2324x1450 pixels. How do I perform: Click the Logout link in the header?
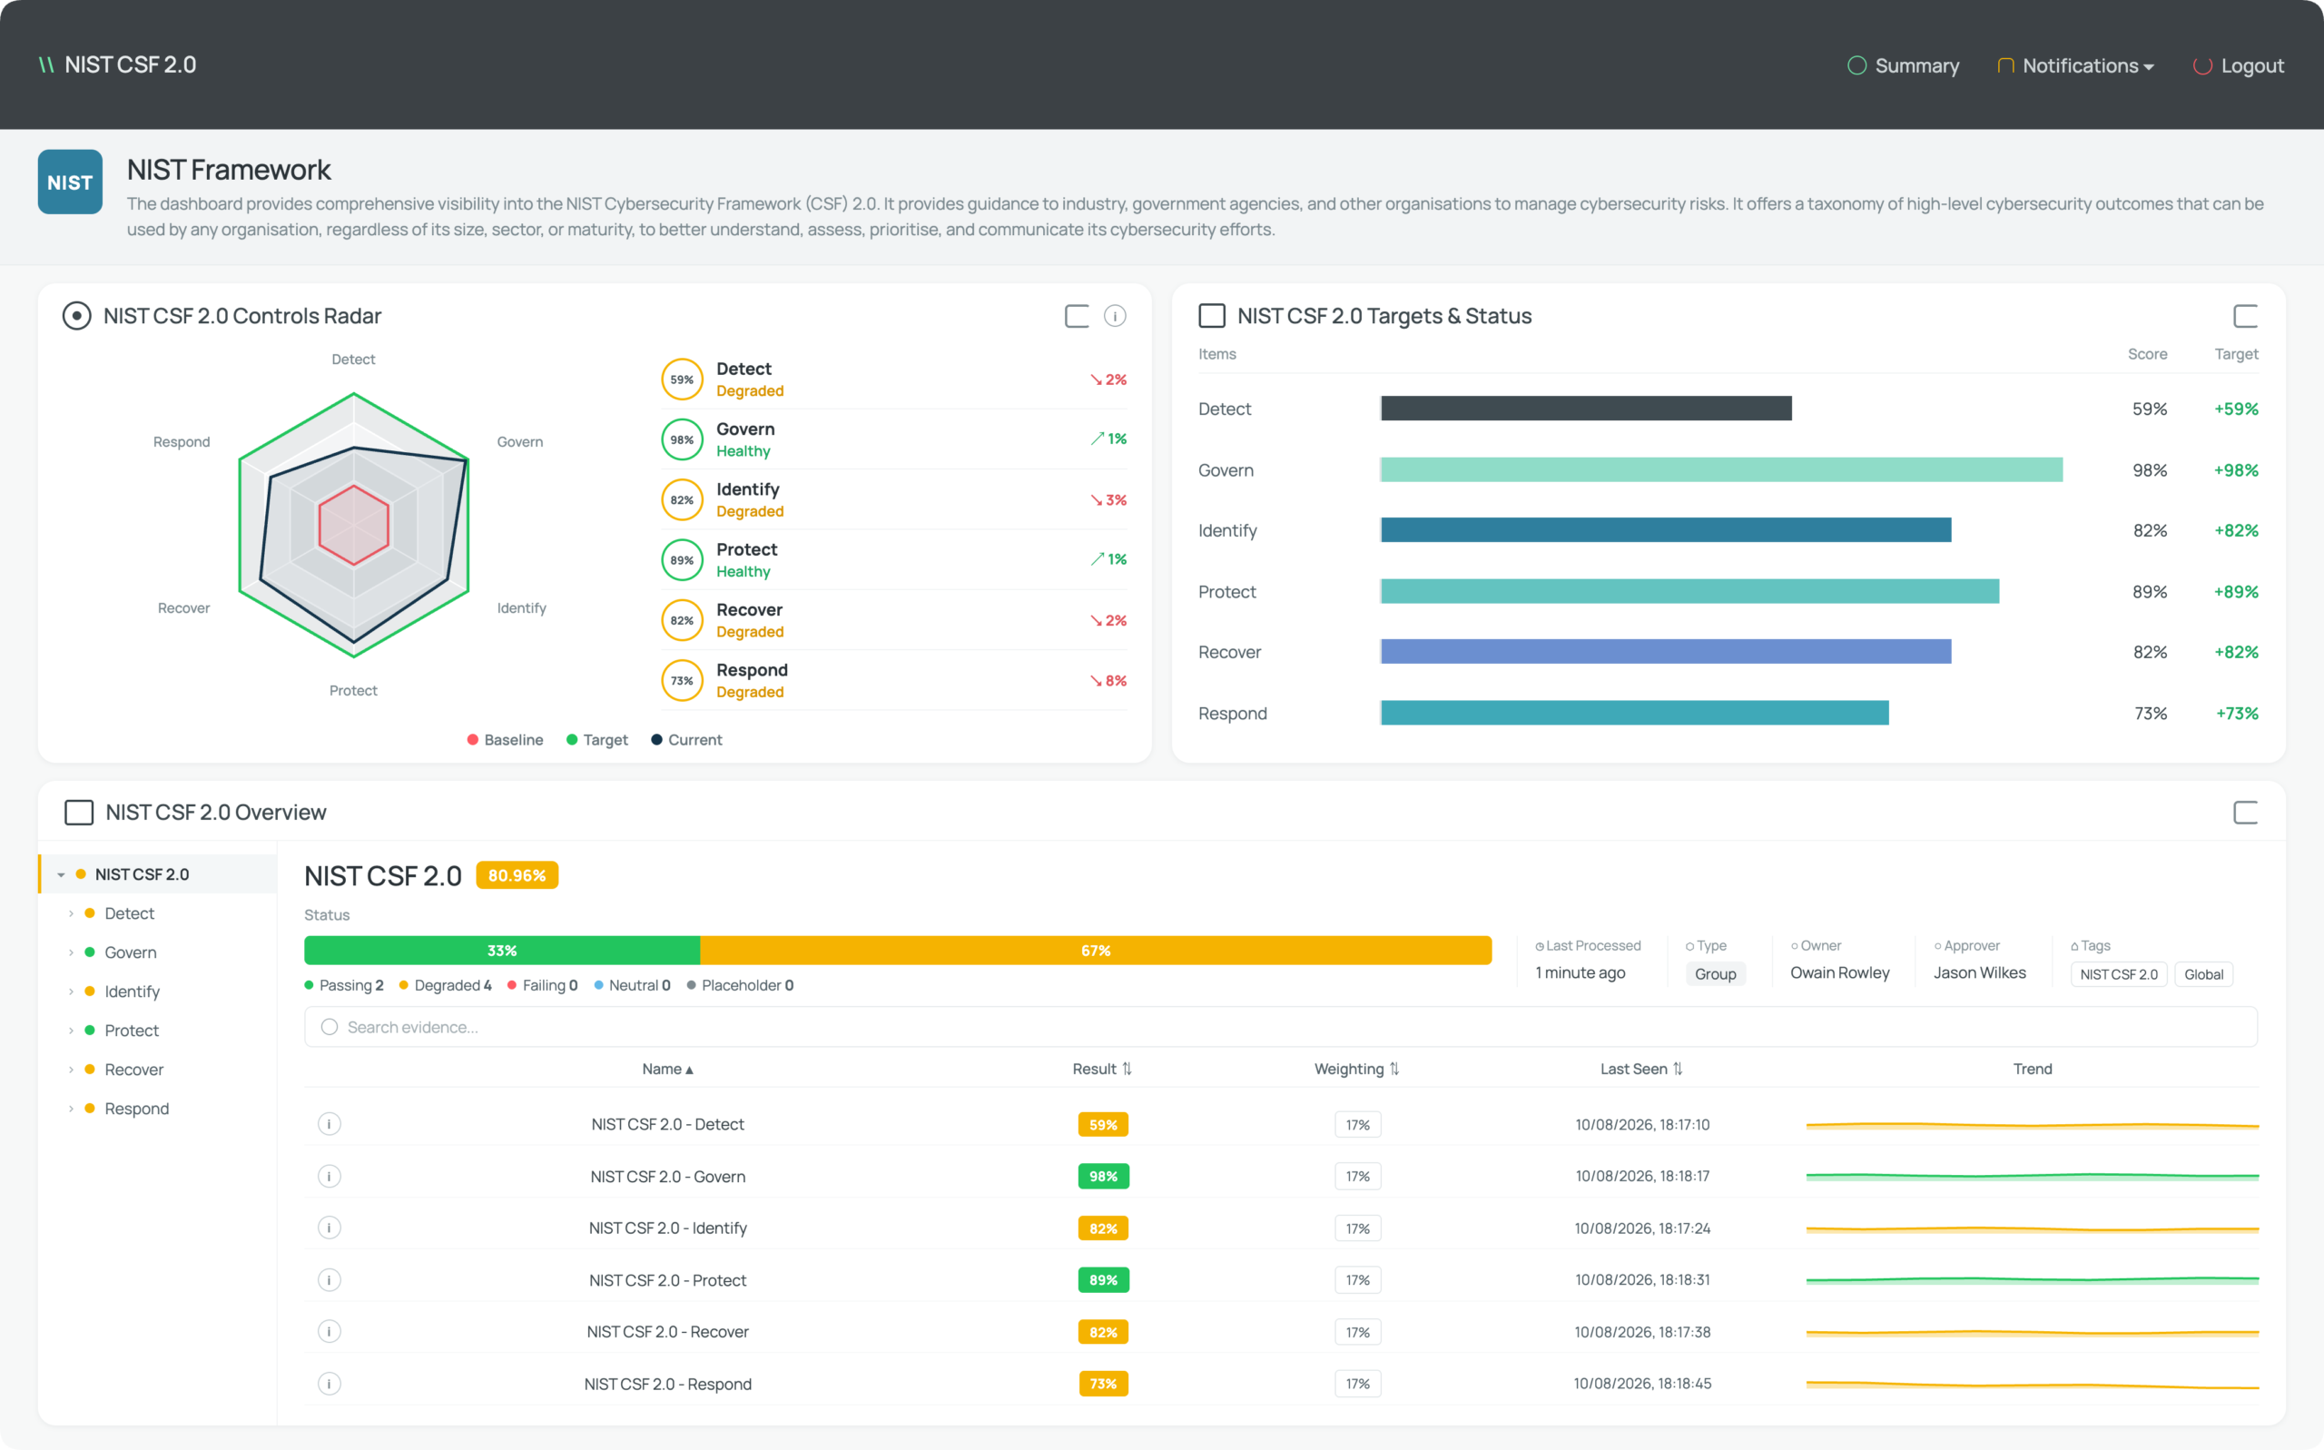click(x=2239, y=65)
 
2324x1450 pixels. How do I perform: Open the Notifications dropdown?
click(x=2075, y=65)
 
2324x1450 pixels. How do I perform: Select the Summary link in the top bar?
click(x=1903, y=65)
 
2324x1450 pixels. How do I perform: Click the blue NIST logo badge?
click(x=70, y=182)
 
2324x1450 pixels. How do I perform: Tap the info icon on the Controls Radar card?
click(x=1114, y=315)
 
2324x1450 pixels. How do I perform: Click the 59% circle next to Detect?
click(x=682, y=380)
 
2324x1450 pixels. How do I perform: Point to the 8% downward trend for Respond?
click(x=1108, y=681)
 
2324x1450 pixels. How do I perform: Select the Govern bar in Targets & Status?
click(x=1721, y=470)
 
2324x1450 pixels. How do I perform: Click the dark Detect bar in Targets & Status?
click(x=1586, y=409)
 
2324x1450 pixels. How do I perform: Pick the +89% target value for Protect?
click(x=2236, y=592)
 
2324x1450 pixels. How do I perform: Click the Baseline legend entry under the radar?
click(x=506, y=739)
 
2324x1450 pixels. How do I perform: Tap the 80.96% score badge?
click(x=517, y=875)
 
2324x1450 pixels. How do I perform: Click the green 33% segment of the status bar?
click(x=502, y=951)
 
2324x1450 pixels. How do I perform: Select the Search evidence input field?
click(x=1280, y=1027)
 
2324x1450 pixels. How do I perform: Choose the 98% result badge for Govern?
click(x=1104, y=1176)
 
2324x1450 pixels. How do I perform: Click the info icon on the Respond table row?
click(x=329, y=1383)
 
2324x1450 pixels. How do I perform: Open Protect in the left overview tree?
click(x=132, y=1030)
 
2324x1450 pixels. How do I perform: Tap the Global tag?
click(x=2203, y=974)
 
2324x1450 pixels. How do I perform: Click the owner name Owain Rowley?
click(x=1840, y=972)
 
